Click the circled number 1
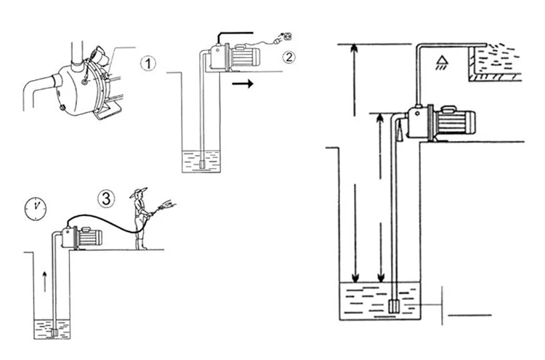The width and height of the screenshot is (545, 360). click(149, 63)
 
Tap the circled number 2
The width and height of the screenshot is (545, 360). click(289, 57)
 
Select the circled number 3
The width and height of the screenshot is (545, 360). click(107, 197)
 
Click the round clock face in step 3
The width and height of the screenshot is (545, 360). click(34, 209)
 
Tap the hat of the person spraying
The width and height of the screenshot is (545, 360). click(138, 193)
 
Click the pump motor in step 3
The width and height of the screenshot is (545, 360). click(90, 237)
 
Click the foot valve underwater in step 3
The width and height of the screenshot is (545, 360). click(55, 332)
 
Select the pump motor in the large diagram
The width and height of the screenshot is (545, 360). click(453, 124)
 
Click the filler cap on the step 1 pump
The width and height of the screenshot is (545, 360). click(96, 55)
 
